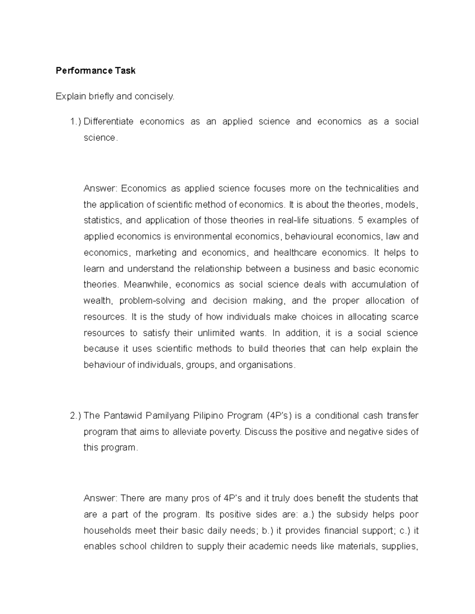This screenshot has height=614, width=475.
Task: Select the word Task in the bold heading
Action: point(125,71)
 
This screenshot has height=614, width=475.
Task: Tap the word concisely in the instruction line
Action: point(154,96)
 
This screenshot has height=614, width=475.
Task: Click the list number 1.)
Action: point(75,122)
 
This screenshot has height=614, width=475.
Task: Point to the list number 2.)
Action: point(75,416)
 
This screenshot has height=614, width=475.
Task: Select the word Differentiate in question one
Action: point(108,122)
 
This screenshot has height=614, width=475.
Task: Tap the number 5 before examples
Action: point(360,220)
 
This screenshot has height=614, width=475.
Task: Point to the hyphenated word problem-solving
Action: point(152,301)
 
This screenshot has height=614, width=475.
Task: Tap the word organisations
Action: point(266,365)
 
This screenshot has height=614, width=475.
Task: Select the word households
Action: point(107,531)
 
